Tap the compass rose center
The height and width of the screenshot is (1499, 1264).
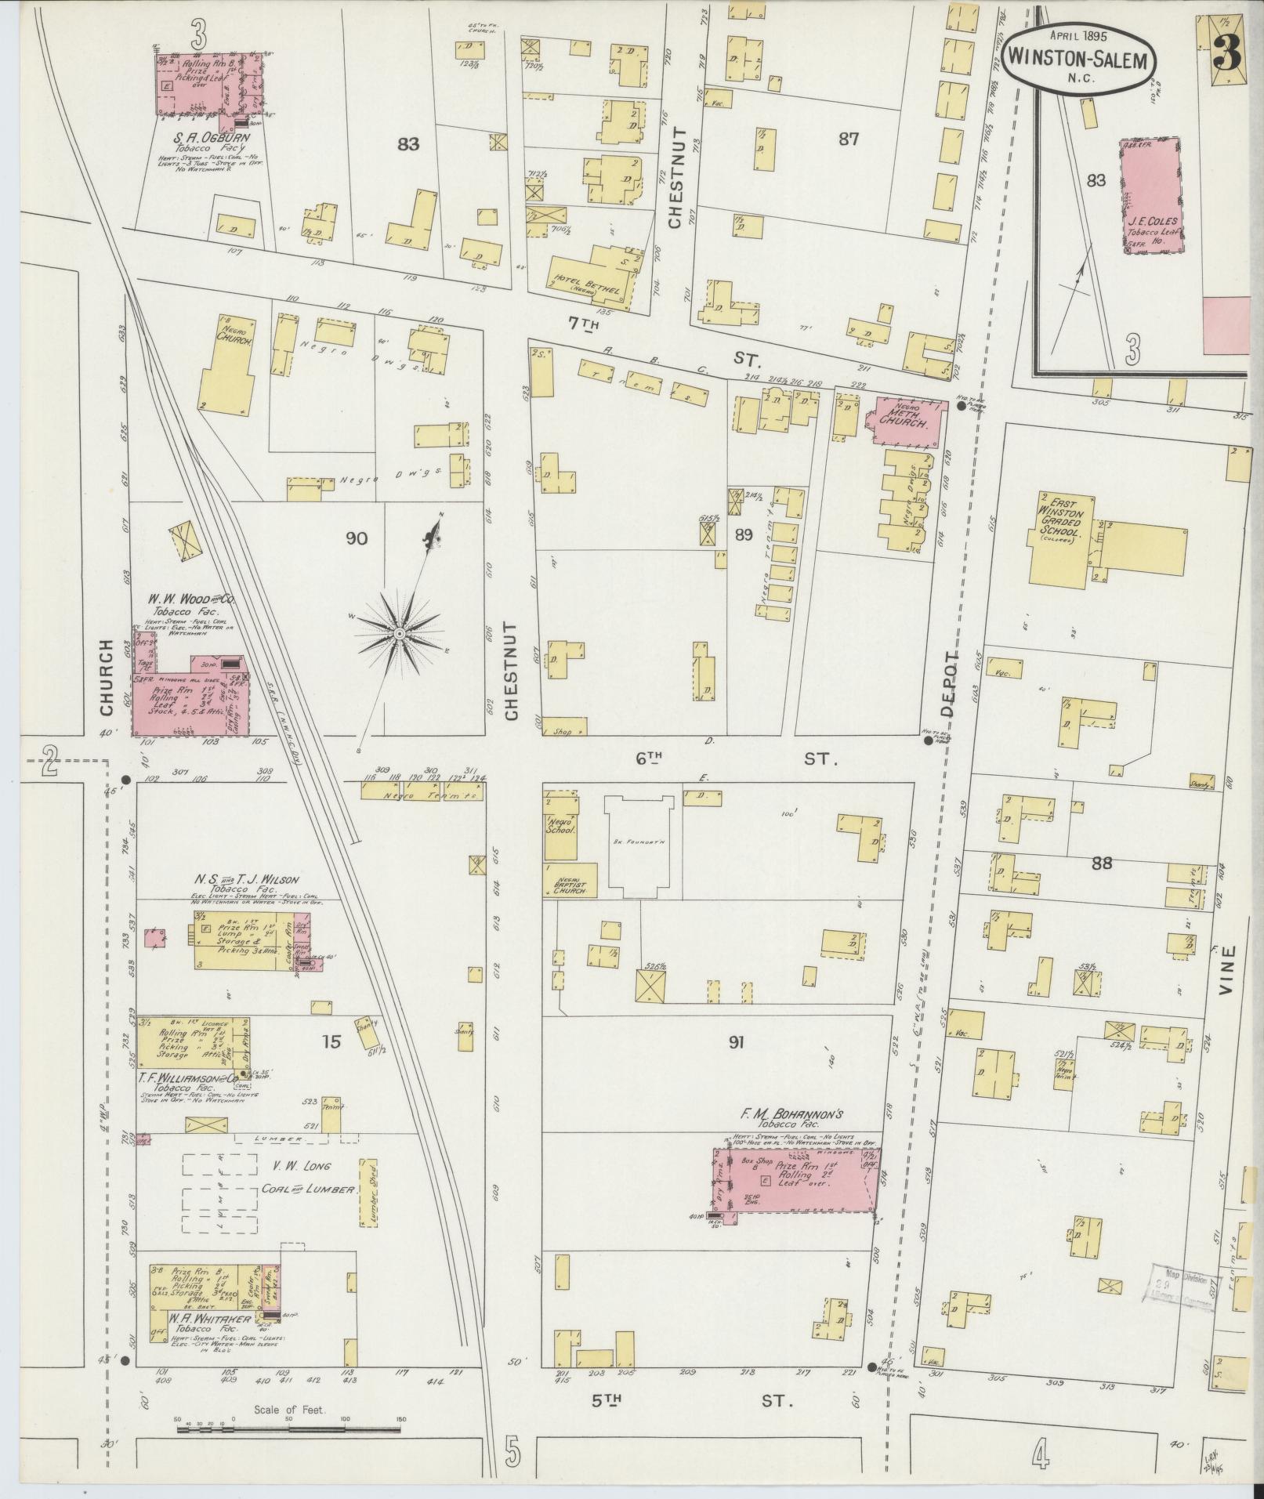tap(399, 632)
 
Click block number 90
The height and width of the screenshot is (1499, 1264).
tap(356, 538)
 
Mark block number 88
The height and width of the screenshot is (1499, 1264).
tap(1101, 863)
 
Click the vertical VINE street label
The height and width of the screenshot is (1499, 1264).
tap(1227, 971)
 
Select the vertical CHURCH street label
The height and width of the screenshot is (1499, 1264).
tap(107, 677)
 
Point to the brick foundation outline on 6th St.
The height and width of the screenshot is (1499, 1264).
tap(639, 845)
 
